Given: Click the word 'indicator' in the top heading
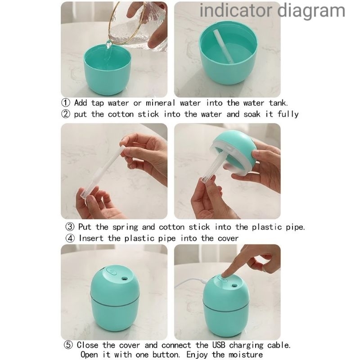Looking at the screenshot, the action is pyautogui.click(x=236, y=10).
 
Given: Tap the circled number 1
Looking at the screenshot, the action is pyautogui.click(x=66, y=103).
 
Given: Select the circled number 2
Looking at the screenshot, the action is pyautogui.click(x=66, y=114).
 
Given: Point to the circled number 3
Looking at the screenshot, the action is pyautogui.click(x=70, y=227).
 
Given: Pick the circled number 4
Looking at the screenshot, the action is pyautogui.click(x=70, y=238).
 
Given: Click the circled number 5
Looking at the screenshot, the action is pyautogui.click(x=68, y=345).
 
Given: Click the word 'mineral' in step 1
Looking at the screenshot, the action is pyautogui.click(x=160, y=103).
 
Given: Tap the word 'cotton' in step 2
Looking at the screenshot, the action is pyautogui.click(x=121, y=114).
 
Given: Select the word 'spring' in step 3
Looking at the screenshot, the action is pyautogui.click(x=126, y=227).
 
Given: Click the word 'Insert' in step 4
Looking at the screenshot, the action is pyautogui.click(x=91, y=238).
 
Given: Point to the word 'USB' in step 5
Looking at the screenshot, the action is pyautogui.click(x=219, y=345).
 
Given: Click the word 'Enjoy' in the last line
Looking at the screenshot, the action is pyautogui.click(x=197, y=355).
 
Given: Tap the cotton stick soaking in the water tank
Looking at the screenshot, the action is pyautogui.click(x=223, y=46).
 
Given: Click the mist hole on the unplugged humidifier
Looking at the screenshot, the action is pyautogui.click(x=125, y=279).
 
